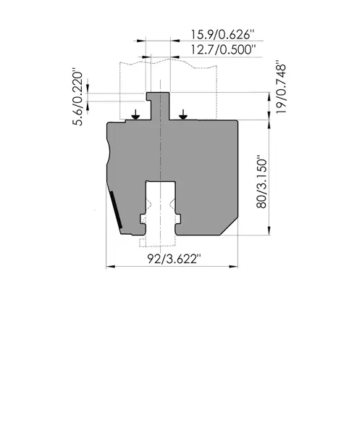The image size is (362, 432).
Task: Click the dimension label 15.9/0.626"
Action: (x=222, y=35)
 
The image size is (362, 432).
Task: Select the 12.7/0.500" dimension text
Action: (x=223, y=50)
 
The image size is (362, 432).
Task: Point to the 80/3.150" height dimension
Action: (x=262, y=183)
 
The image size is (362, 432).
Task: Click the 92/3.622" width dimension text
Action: (x=174, y=259)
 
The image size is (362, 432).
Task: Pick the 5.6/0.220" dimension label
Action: (x=77, y=99)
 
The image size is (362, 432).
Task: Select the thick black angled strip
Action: (x=116, y=209)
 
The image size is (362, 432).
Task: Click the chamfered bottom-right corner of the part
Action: (x=229, y=227)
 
